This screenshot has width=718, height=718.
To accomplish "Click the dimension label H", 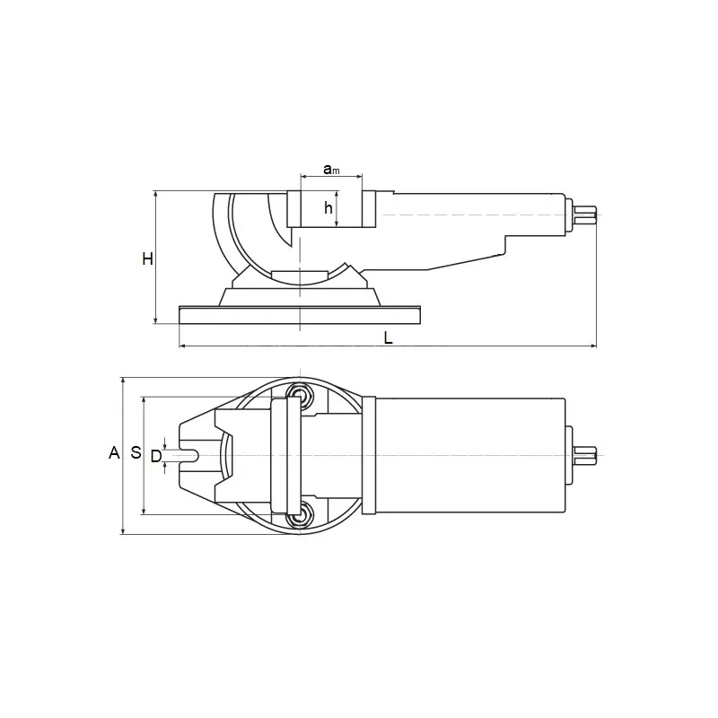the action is [x=147, y=259].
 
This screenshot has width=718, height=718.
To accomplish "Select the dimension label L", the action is [x=389, y=338].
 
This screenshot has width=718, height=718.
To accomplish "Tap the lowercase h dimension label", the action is [x=328, y=208].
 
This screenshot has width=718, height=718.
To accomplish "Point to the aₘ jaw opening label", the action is [x=331, y=170].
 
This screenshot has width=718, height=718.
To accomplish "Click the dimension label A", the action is [x=114, y=453].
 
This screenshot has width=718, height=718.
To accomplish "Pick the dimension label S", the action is [x=136, y=452].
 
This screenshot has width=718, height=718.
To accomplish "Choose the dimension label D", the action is [x=156, y=456].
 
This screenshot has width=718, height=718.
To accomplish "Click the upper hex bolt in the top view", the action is [x=299, y=394].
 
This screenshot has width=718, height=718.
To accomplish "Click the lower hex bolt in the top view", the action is [x=299, y=515].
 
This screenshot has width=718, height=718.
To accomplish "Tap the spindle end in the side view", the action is [x=585, y=215].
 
